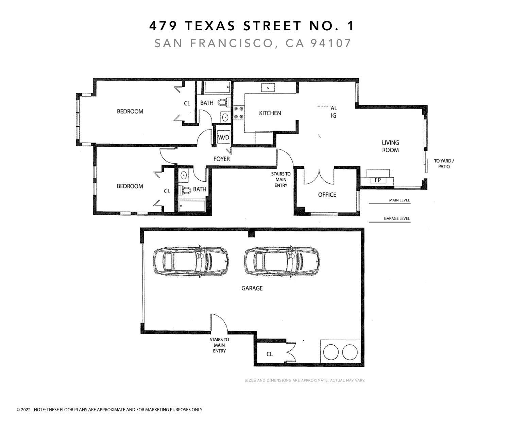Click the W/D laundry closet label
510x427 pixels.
coord(223,137)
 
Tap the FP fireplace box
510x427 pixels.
coord(377,180)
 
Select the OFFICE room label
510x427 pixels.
coord(327,195)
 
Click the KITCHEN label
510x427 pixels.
coord(270,113)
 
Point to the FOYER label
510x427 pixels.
coord(221,159)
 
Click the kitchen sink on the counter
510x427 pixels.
coord(268,87)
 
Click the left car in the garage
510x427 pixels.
coord(191,261)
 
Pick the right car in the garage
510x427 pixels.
coord(282,261)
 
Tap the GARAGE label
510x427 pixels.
coord(252,288)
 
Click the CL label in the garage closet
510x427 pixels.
coord(270,354)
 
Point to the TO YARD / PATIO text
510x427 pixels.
coord(444,164)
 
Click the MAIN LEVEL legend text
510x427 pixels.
coord(399,200)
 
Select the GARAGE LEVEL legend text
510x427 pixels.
coord(396,218)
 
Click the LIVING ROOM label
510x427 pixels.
coord(390,146)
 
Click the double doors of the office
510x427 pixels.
coord(319,176)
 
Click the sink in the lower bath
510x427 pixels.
coord(184,176)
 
